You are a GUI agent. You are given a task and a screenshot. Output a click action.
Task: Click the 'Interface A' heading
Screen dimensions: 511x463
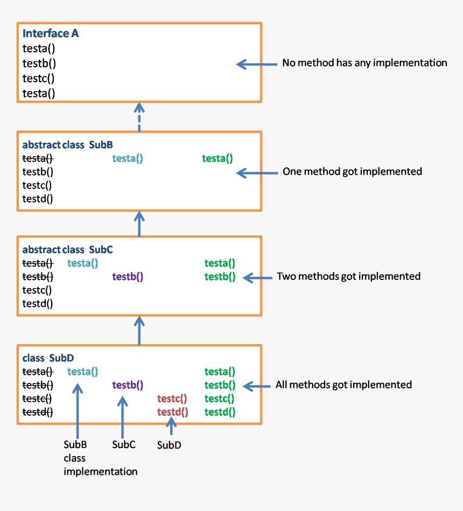tap(51, 33)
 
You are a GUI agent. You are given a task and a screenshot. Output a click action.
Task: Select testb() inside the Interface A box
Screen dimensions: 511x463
tap(39, 63)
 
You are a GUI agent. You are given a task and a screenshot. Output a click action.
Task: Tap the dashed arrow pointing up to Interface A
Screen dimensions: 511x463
tap(139, 117)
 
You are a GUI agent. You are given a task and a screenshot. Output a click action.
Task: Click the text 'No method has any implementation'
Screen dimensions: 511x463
tap(364, 63)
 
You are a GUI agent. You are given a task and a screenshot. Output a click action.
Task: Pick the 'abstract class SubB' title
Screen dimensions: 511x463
tap(67, 145)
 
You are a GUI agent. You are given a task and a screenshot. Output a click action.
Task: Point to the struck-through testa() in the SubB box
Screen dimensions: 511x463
tap(38, 158)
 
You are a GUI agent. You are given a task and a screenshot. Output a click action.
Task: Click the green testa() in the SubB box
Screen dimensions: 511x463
tap(218, 158)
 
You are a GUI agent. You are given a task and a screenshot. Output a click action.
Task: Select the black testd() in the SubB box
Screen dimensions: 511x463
tap(38, 199)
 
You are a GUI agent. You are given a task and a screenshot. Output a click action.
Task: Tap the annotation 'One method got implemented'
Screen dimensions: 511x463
tap(352, 172)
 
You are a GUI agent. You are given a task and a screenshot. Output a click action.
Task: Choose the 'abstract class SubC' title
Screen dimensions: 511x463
tap(67, 250)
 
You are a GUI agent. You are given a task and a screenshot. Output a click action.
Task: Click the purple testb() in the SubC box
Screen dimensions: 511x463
tap(128, 277)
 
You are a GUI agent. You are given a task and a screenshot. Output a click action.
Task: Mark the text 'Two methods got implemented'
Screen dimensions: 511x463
tap(348, 276)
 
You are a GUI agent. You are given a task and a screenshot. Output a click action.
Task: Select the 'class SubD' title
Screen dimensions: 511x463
tap(48, 358)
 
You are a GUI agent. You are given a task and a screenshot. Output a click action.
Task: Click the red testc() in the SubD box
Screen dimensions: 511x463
tap(172, 399)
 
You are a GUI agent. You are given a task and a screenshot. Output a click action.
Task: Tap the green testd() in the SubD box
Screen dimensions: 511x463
tap(220, 412)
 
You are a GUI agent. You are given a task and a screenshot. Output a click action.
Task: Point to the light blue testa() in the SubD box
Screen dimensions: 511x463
tap(82, 372)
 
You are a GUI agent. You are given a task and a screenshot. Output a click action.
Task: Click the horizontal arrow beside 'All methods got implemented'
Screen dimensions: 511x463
tap(257, 386)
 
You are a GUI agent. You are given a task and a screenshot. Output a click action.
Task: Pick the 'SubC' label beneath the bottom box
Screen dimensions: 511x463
tap(123, 445)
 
